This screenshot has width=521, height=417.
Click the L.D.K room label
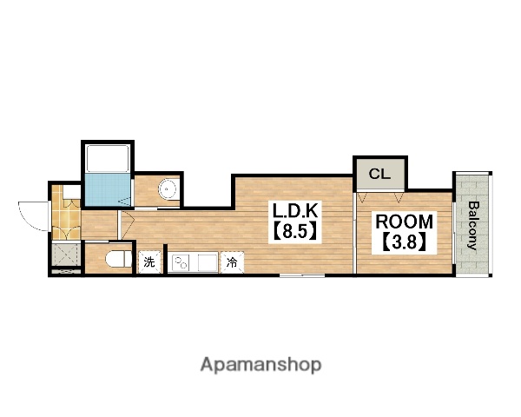click(x=295, y=210)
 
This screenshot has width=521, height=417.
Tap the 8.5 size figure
click(x=295, y=231)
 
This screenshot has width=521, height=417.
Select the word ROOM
click(x=404, y=222)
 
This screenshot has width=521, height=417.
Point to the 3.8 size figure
click(x=404, y=242)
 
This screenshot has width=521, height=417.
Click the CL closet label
click(x=379, y=174)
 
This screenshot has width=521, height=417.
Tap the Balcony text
click(x=472, y=225)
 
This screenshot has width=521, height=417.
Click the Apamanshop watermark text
click(x=260, y=365)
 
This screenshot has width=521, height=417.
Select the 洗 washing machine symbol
click(x=149, y=261)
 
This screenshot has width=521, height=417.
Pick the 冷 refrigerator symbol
click(x=232, y=262)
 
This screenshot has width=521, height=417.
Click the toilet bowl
click(x=119, y=259)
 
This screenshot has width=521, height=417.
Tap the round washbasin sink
click(x=168, y=189)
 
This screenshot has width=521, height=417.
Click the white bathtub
click(x=108, y=158)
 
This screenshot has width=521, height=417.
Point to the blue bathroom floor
click(x=108, y=189)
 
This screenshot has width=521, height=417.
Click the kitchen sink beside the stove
click(x=208, y=262)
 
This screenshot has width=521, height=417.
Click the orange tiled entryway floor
click(x=66, y=213)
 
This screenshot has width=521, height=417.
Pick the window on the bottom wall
click(x=302, y=275)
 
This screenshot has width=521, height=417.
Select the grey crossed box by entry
click(x=66, y=255)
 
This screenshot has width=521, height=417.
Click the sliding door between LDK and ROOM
click(x=354, y=233)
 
